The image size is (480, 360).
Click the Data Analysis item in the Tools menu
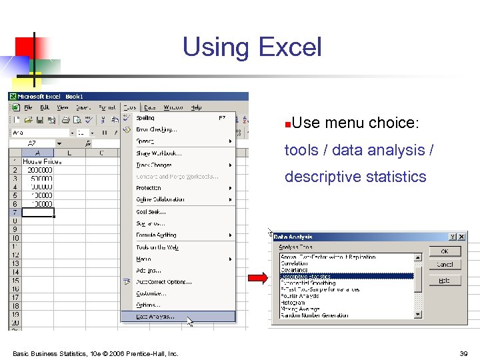(x=155, y=317)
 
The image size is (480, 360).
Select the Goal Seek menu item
(x=151, y=211)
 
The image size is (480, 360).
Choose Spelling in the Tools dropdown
(x=146, y=118)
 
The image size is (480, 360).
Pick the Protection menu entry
(x=149, y=188)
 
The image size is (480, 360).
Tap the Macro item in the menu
(x=144, y=259)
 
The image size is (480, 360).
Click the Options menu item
(x=148, y=305)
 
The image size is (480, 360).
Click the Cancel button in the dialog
(x=445, y=265)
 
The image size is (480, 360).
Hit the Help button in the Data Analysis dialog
(x=445, y=281)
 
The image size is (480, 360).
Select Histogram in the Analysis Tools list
(x=293, y=303)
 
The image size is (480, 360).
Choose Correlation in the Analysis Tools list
(x=296, y=263)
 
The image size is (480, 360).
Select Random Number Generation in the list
(x=314, y=315)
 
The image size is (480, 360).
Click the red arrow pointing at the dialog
(x=257, y=279)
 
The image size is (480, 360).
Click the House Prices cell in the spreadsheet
(x=42, y=161)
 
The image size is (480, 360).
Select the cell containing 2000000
(x=40, y=170)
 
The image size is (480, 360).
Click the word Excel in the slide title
(x=290, y=47)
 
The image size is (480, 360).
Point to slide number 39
(x=463, y=353)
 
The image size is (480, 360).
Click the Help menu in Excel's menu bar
(x=196, y=107)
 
